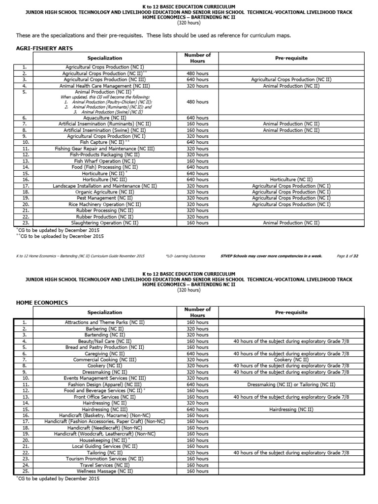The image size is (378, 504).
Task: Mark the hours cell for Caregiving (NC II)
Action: (197, 353)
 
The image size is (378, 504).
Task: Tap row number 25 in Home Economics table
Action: (24, 471)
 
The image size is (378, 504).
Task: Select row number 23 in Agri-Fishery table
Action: (24, 223)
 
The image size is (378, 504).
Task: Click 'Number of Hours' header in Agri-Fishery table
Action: (197, 58)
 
